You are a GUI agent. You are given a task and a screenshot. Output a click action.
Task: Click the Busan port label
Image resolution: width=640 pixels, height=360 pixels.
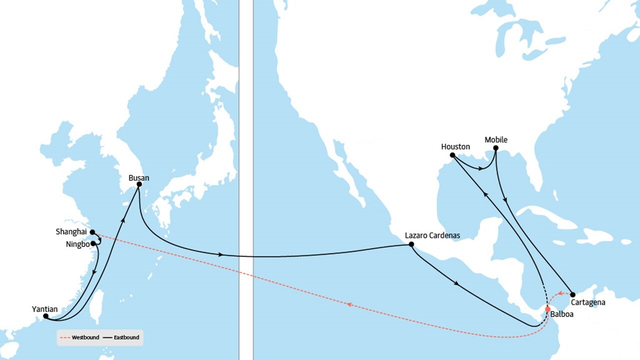[138, 177]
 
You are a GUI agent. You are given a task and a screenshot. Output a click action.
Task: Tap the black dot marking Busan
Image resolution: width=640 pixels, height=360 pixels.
[139, 184]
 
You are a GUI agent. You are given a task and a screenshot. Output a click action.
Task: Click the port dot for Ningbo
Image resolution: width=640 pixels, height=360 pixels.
[93, 243]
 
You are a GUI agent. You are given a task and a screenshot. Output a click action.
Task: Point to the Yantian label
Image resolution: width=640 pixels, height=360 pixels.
[45, 309]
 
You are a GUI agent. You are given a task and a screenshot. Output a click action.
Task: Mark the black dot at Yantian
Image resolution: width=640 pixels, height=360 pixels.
[45, 316]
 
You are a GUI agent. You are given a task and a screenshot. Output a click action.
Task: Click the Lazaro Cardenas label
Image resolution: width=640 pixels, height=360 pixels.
[432, 235]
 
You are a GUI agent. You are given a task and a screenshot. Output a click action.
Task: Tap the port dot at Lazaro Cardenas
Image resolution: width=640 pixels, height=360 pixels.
[411, 244]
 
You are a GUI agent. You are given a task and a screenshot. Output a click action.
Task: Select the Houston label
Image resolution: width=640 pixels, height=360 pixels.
[455, 146]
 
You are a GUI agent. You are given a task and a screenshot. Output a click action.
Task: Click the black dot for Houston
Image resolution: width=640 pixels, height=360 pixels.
[452, 155]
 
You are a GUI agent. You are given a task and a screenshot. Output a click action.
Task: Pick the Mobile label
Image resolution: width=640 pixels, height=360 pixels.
[496, 139]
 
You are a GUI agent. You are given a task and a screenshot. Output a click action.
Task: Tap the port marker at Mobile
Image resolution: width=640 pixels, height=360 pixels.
[495, 148]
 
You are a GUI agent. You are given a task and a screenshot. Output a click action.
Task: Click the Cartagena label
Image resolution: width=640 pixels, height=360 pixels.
[587, 302]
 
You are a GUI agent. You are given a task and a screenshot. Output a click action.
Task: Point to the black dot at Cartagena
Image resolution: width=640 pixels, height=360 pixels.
[572, 295]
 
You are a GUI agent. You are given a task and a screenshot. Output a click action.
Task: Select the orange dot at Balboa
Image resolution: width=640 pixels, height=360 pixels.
[547, 308]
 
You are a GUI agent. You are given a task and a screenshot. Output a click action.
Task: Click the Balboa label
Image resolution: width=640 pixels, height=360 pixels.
[561, 314]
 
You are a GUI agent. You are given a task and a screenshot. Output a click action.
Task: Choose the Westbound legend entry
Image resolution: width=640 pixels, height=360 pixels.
[78, 337]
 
